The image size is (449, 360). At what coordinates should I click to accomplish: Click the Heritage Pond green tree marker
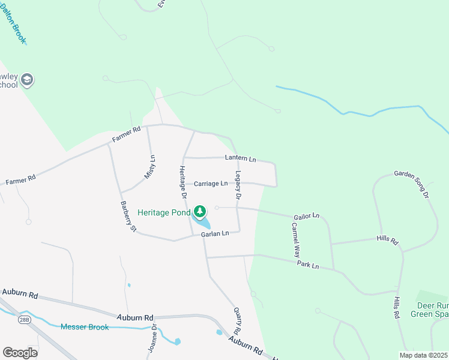[x=200, y=212]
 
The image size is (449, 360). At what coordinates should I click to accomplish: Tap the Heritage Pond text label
[x=164, y=212]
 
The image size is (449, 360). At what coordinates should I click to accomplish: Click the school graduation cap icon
[x=26, y=79]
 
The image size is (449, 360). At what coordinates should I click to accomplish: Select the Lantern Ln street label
[x=241, y=159]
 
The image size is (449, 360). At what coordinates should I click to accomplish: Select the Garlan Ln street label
[x=215, y=234]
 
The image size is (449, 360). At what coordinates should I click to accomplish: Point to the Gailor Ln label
[x=306, y=215]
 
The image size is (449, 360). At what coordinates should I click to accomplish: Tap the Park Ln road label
[x=307, y=265]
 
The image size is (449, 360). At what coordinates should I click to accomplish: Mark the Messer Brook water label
[x=84, y=326]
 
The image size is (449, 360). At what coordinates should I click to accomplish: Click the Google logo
[x=20, y=352]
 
